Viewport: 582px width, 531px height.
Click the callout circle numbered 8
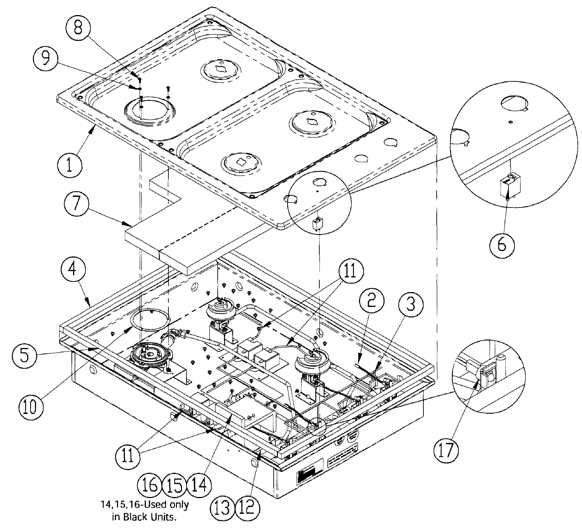(x=78, y=29)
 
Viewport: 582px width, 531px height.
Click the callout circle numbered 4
(x=73, y=269)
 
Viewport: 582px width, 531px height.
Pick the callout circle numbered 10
(x=31, y=407)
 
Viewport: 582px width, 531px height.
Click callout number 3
(x=411, y=304)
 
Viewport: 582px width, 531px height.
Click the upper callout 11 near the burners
(x=351, y=272)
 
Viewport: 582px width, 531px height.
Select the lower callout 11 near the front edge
(x=127, y=456)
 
